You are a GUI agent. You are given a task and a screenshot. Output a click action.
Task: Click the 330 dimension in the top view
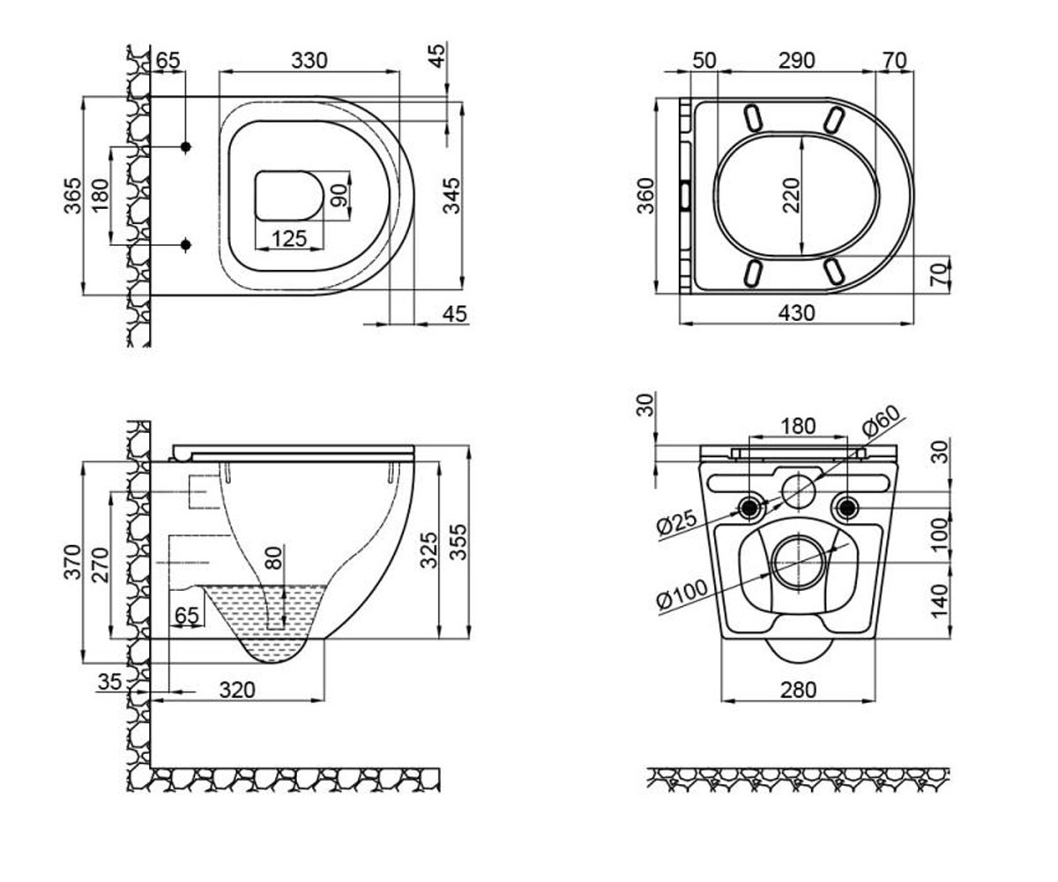309,61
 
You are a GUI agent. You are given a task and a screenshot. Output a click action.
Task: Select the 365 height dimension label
73,196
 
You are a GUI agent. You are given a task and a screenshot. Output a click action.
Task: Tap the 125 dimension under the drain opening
289,239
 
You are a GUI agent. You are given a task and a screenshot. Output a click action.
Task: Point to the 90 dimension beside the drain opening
339,195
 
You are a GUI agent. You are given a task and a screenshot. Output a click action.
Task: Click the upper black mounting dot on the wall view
186,147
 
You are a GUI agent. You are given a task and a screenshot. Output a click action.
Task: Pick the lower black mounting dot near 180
186,245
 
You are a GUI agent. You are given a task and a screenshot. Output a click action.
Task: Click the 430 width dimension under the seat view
796,313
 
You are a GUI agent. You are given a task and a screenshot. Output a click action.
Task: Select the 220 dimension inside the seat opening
791,195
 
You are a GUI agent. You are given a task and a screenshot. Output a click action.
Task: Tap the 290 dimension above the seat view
796,61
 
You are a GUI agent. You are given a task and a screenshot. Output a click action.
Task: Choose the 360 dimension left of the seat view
646,196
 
